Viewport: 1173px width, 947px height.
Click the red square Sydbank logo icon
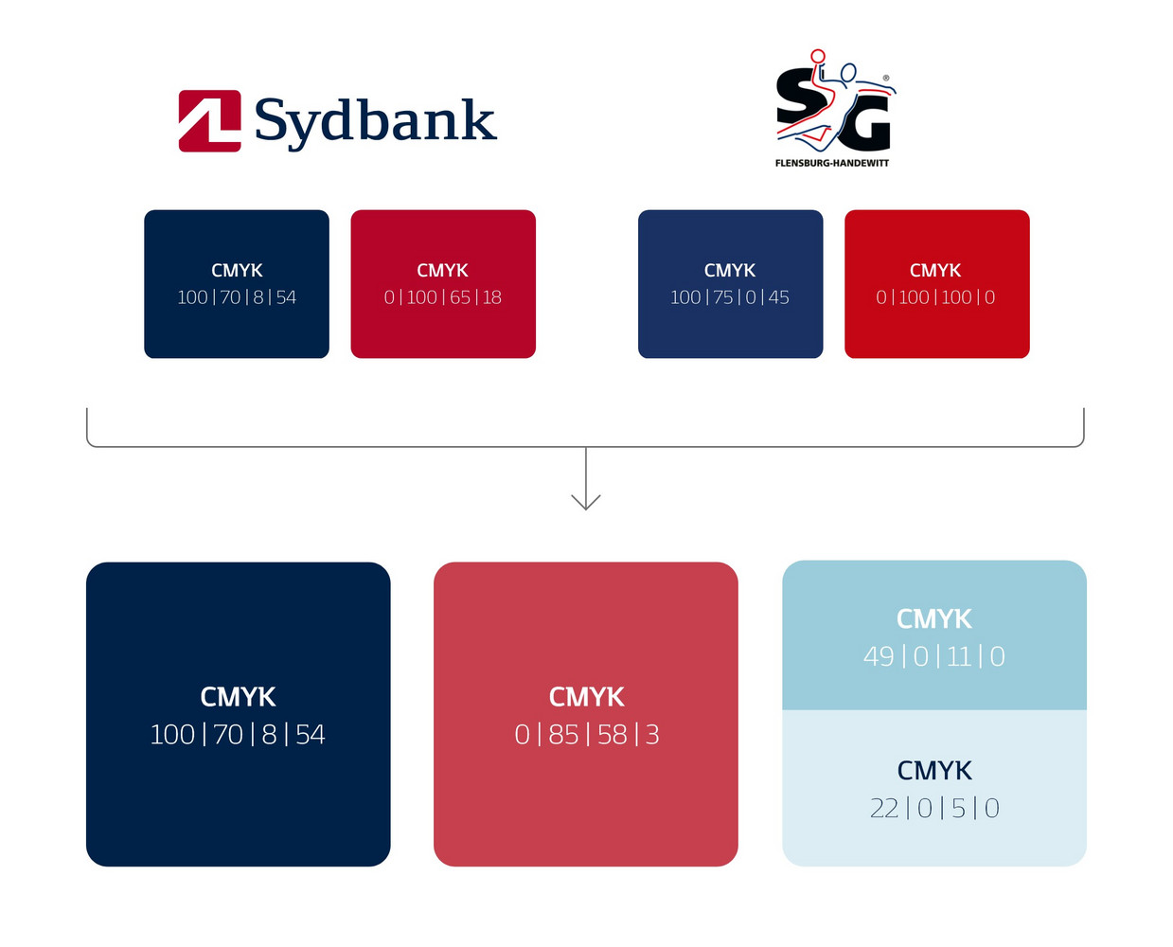tap(209, 120)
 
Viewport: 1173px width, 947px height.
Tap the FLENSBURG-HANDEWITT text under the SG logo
tap(831, 163)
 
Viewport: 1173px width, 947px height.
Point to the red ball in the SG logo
tap(818, 56)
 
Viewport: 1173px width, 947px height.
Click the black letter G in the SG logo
tap(862, 125)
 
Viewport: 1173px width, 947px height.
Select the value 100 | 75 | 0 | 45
tap(730, 297)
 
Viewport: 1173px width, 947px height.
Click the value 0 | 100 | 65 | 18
tap(443, 297)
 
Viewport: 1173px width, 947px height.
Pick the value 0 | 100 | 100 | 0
tap(935, 297)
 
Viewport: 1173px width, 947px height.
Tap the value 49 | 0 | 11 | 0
tap(934, 656)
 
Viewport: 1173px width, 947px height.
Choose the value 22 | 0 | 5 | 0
tap(934, 808)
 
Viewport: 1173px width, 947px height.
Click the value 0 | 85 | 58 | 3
tap(587, 734)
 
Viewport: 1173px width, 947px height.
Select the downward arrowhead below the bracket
tap(585, 501)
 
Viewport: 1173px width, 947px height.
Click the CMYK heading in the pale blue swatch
tap(934, 770)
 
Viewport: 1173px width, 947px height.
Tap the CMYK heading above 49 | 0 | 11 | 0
tap(934, 618)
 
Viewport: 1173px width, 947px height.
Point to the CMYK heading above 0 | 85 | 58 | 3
tap(587, 697)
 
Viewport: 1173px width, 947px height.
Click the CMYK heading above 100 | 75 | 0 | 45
tap(730, 270)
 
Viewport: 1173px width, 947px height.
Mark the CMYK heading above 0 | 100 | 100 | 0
tap(935, 270)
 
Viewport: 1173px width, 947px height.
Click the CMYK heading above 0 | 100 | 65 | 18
tap(442, 270)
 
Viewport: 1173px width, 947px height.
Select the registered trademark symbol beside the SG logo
tap(886, 79)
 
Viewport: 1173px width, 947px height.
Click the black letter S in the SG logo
tap(798, 98)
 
